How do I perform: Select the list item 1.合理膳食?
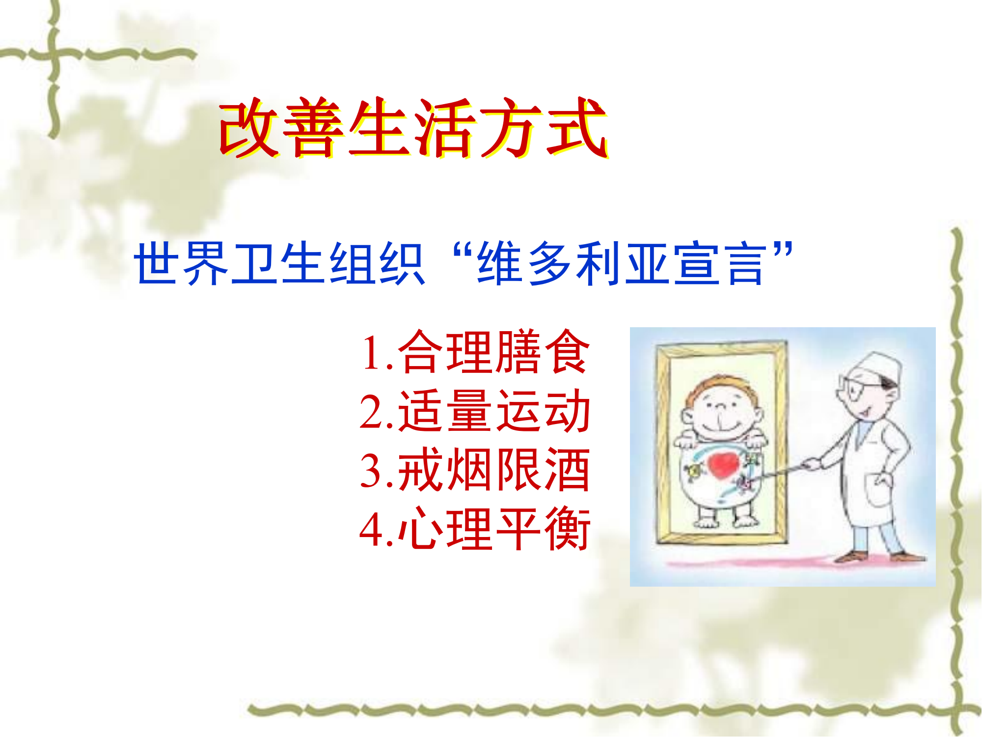pyautogui.click(x=475, y=352)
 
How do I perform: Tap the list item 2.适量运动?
pyautogui.click(x=475, y=411)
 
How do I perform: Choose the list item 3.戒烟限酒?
pyautogui.click(x=475, y=470)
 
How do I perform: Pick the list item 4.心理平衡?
pyautogui.click(x=475, y=529)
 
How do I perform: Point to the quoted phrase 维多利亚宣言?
pyautogui.click(x=622, y=264)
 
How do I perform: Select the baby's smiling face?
pyautogui.click(x=722, y=413)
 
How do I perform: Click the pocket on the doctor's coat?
pyautogui.click(x=879, y=489)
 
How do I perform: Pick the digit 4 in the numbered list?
pyautogui.click(x=371, y=530)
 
